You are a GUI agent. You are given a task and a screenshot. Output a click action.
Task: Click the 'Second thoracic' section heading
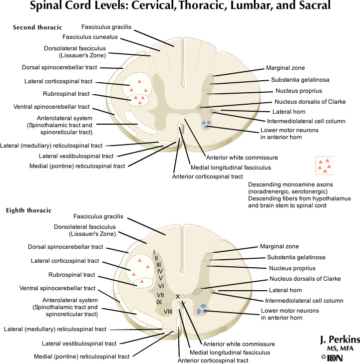click(x=37, y=27)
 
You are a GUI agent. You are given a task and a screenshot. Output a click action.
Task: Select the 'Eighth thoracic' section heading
click(x=28, y=210)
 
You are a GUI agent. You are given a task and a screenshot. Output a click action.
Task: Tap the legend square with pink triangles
click(x=324, y=166)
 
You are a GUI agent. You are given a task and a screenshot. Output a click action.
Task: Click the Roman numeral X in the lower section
click(x=177, y=296)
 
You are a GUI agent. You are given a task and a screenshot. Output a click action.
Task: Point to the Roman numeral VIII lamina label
click(x=168, y=311)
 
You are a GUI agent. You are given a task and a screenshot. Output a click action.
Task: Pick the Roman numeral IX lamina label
click(x=159, y=302)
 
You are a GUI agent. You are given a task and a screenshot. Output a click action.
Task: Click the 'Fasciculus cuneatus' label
click(x=90, y=36)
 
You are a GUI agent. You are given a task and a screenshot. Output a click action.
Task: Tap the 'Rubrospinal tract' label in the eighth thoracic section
click(x=72, y=274)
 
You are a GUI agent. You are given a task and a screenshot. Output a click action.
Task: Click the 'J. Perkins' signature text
click(x=339, y=339)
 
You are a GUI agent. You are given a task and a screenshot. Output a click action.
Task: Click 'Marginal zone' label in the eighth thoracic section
click(x=279, y=246)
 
